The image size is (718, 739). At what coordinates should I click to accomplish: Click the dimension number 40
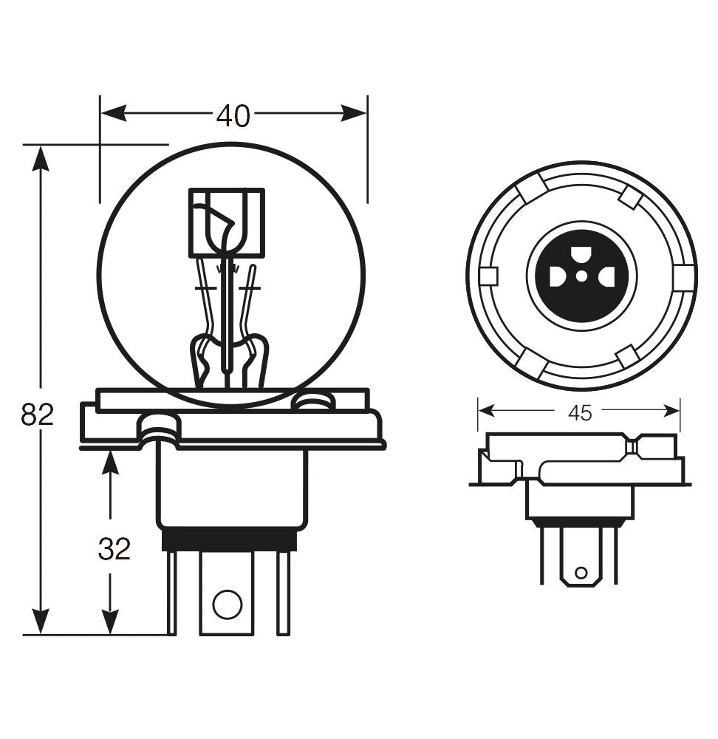click(x=233, y=115)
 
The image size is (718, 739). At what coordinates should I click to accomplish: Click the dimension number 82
click(x=37, y=415)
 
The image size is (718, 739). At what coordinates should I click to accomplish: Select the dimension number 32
click(x=114, y=549)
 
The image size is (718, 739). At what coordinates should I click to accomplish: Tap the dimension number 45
click(x=580, y=413)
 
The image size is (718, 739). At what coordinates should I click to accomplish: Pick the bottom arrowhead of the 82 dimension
click(x=41, y=621)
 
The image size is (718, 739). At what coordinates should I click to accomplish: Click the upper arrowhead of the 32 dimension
click(x=110, y=463)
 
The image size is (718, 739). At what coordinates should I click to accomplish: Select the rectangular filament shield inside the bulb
click(x=226, y=222)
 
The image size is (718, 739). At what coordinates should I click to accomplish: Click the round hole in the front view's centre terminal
click(x=227, y=605)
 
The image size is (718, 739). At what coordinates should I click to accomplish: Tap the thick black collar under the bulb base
click(x=229, y=540)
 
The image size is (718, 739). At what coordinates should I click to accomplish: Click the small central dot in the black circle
click(x=582, y=276)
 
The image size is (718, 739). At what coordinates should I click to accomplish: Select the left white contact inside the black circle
click(x=557, y=277)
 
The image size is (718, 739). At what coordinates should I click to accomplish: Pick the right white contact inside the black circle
click(x=607, y=277)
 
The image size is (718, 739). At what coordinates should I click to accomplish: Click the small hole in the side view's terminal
click(x=581, y=572)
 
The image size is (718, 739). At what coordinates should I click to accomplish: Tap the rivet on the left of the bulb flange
click(x=159, y=426)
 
